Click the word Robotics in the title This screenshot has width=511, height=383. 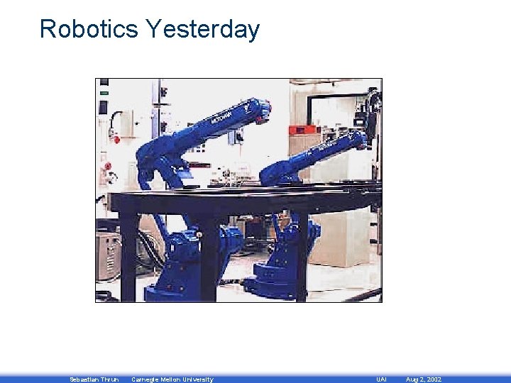[x=89, y=30]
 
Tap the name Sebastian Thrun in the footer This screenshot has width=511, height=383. [x=94, y=379]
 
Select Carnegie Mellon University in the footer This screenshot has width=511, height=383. [x=172, y=379]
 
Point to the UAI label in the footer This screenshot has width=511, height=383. [x=381, y=379]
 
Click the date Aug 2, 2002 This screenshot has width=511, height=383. [x=423, y=379]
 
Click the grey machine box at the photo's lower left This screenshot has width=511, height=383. [x=108, y=256]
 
